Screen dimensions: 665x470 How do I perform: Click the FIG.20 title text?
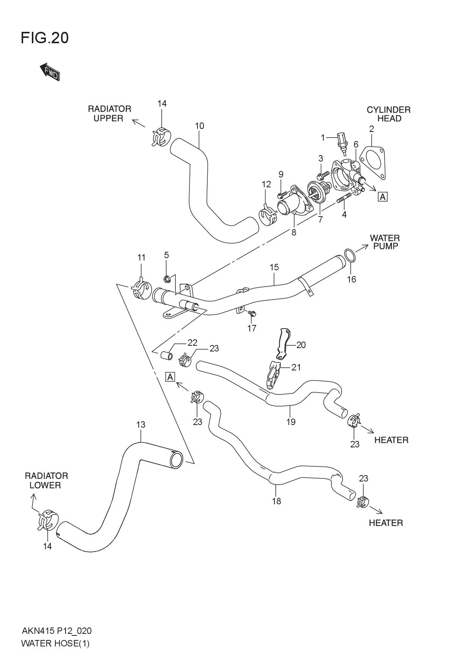[45, 38]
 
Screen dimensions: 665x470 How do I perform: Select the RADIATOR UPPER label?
[109, 113]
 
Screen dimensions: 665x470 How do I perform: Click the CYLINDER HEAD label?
[389, 114]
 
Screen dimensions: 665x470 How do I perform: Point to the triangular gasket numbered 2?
[372, 161]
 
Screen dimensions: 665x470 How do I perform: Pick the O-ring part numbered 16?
[350, 256]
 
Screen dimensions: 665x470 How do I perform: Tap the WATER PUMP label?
[384, 242]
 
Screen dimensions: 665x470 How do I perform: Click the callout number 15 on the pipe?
[274, 267]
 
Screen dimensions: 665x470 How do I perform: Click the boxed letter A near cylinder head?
[382, 197]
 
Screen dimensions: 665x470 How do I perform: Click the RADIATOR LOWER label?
[46, 480]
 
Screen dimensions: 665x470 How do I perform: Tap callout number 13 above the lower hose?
[141, 425]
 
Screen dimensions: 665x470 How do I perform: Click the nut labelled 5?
[167, 280]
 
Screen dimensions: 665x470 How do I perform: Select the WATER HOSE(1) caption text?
[55, 643]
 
